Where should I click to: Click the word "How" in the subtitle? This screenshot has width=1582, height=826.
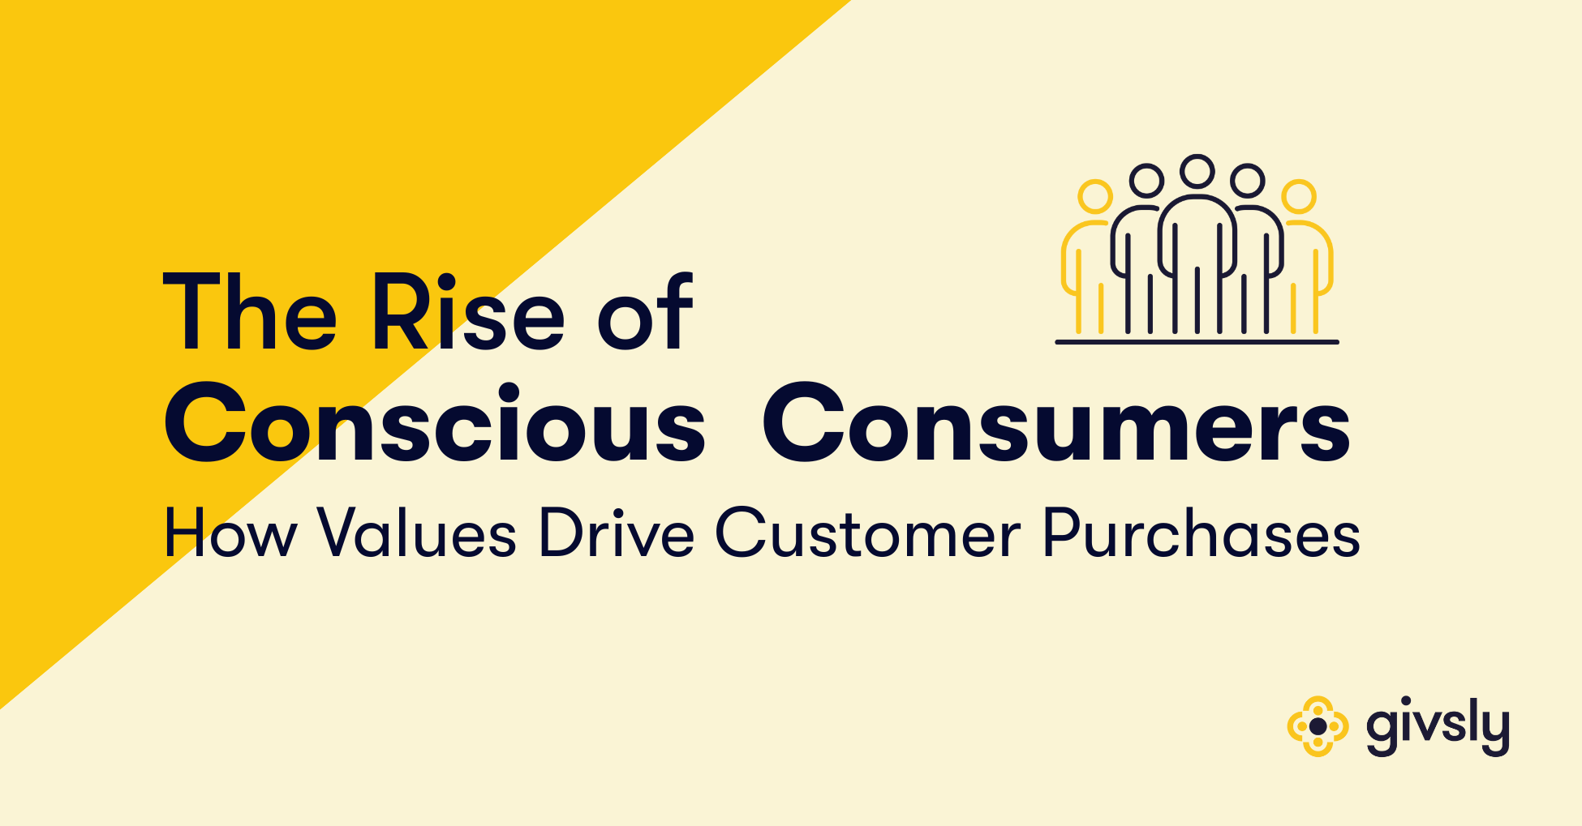coord(230,534)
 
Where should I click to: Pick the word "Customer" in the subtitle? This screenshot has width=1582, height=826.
coord(867,534)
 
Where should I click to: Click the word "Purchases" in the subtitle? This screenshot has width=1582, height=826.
coord(1201,534)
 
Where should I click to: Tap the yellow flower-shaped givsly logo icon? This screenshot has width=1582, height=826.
coord(1318,726)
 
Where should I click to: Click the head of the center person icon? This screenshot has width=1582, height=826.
coord(1197,171)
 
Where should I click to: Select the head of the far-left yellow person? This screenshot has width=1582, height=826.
coord(1095,197)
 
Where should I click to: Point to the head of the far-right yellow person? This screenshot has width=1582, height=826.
coord(1299,197)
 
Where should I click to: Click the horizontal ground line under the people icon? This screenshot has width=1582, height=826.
coord(1197,342)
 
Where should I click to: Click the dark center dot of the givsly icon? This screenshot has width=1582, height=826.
coord(1318,726)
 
